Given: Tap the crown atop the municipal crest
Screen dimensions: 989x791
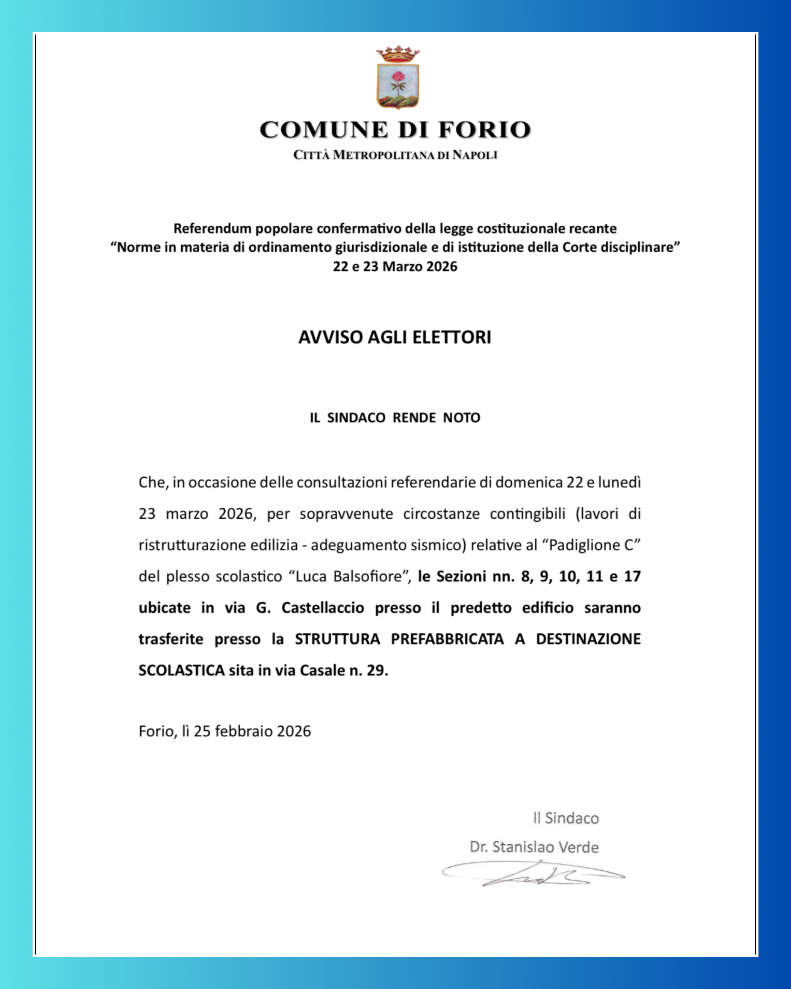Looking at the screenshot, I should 398,54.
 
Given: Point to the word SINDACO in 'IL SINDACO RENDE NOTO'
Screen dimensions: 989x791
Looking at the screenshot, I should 356,418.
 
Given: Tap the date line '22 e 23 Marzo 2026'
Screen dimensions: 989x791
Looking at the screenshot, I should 395,267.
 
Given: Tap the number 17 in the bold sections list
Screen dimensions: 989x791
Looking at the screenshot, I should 632,576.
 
